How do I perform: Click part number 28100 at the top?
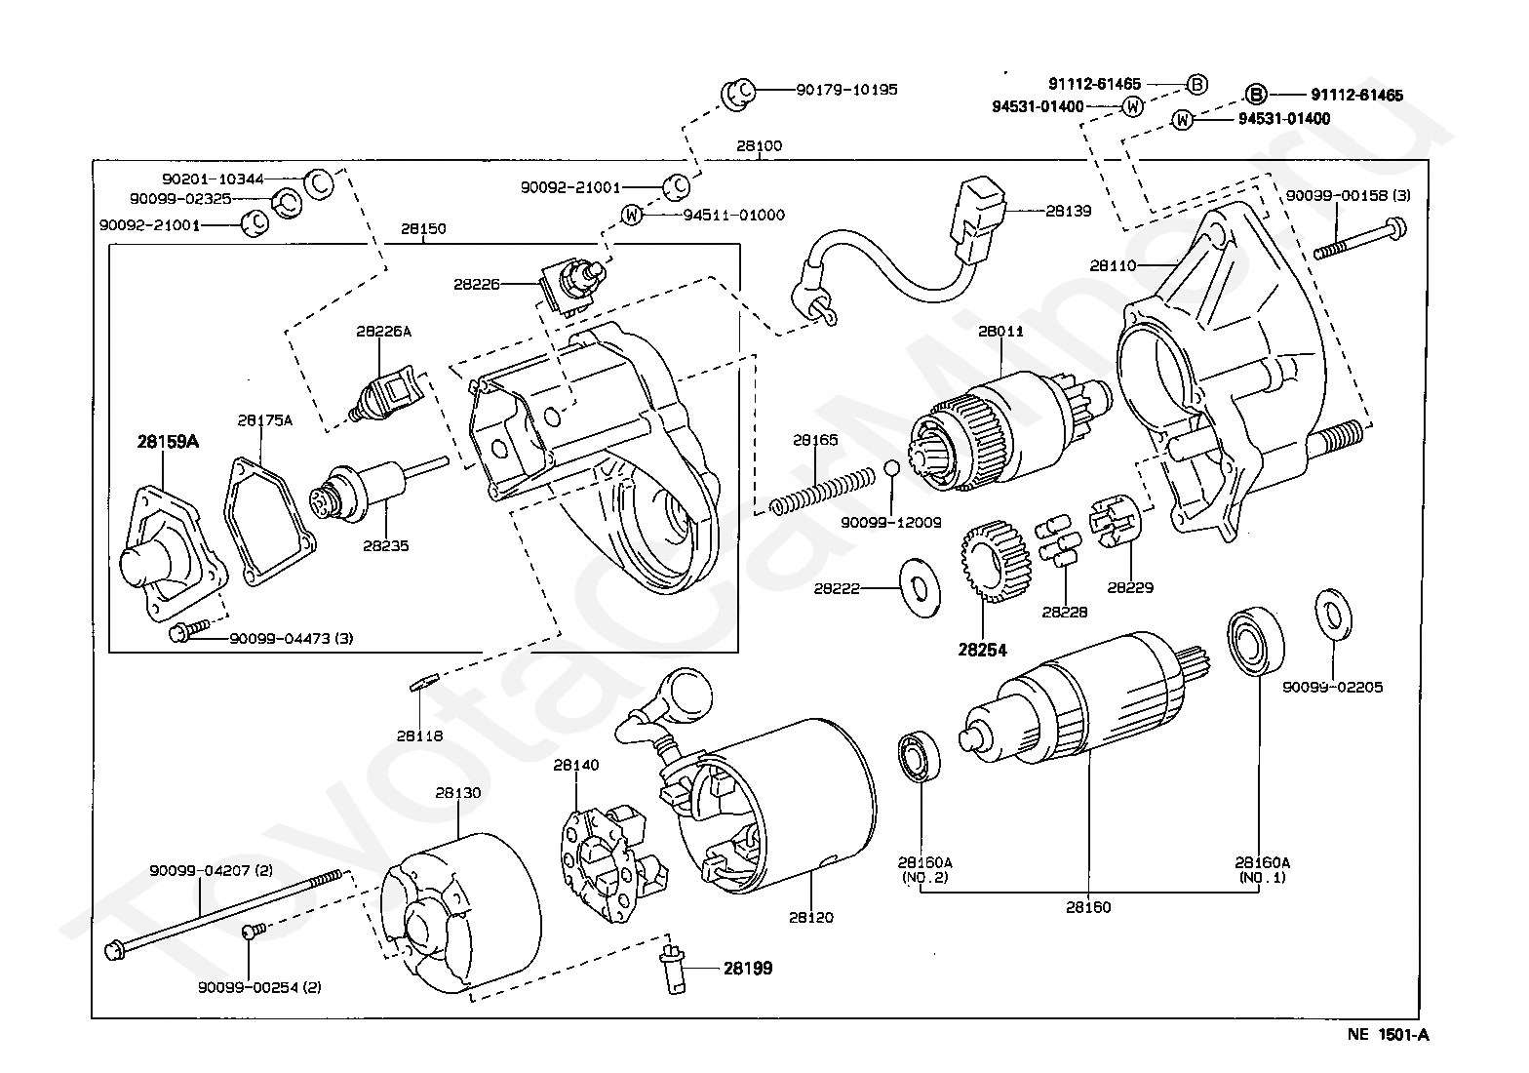[x=759, y=145]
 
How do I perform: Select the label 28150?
[x=423, y=229]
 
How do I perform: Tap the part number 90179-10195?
[x=846, y=90]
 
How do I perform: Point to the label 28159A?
[x=168, y=442]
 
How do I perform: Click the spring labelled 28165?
[x=823, y=489]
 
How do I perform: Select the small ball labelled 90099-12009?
[x=891, y=468]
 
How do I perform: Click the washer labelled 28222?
[x=921, y=588]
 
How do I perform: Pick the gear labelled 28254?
[x=996, y=560]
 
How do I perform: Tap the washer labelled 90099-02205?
[x=1333, y=615]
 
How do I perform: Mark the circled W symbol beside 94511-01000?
[x=632, y=216]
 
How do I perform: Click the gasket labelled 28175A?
[x=269, y=522]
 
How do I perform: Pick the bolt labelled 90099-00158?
[x=1359, y=239]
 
